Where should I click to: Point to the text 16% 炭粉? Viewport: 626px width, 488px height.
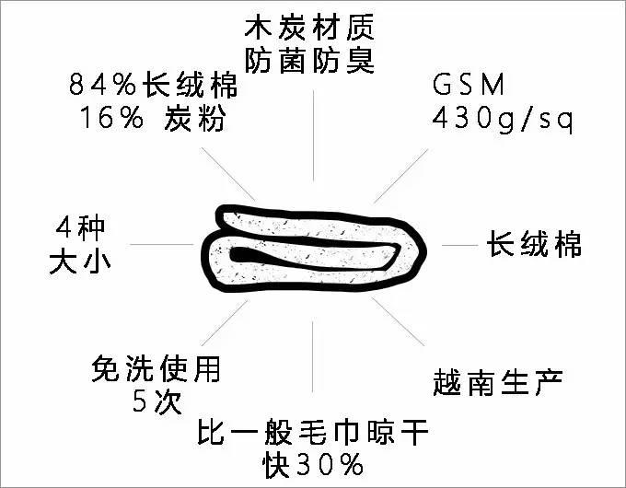click(x=147, y=120)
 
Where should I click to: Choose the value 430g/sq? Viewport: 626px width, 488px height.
click(x=503, y=120)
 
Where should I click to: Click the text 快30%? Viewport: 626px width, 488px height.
click(x=313, y=465)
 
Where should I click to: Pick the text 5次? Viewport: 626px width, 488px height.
click(x=156, y=402)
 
